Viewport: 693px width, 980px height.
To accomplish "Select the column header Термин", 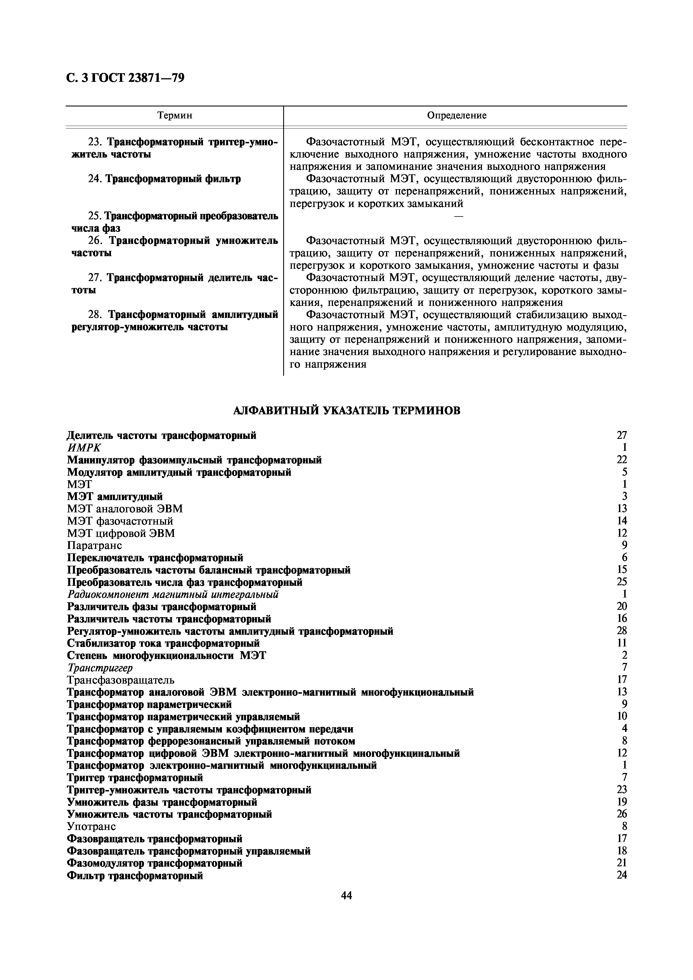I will point(175,115).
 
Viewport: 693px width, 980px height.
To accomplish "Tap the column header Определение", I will point(457,115).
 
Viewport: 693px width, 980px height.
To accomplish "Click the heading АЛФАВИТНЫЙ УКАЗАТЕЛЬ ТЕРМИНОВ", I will point(347,411).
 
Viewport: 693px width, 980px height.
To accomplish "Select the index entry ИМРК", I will point(84,448).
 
